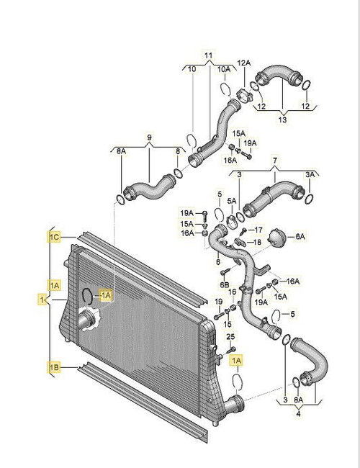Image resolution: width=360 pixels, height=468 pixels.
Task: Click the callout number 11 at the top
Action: click(209, 55)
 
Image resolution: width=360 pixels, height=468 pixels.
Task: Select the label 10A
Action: click(224, 69)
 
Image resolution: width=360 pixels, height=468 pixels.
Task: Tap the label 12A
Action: click(244, 63)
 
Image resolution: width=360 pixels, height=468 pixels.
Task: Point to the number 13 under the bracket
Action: click(282, 120)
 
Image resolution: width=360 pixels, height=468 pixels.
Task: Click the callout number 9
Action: click(149, 138)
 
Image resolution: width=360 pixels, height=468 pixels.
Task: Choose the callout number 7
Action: click(274, 161)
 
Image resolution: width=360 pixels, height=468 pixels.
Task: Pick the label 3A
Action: click(310, 175)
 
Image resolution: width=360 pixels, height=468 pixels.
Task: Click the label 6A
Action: click(300, 237)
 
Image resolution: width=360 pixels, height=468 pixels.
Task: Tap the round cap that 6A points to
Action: click(276, 238)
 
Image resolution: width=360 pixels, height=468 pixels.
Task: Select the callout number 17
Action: click(258, 230)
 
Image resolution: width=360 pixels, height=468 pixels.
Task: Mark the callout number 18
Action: click(257, 242)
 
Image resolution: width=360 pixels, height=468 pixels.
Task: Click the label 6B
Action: click(225, 284)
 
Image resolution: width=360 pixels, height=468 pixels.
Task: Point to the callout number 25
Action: click(230, 337)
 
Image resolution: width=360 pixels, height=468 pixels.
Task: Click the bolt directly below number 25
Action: click(231, 349)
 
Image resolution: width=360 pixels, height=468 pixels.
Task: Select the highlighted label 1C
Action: click(55, 238)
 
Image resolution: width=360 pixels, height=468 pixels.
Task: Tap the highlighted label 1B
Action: click(54, 368)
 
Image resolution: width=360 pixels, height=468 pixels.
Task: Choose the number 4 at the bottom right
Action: click(298, 414)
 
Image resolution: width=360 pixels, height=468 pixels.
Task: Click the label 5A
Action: click(232, 201)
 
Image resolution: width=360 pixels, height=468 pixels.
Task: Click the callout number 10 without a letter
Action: click(192, 69)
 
